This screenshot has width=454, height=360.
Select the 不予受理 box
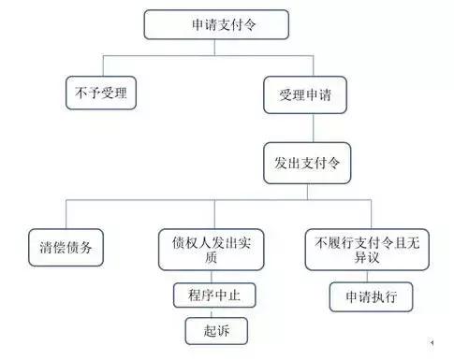(x=100, y=93)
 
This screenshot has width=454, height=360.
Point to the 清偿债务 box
(x=66, y=250)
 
